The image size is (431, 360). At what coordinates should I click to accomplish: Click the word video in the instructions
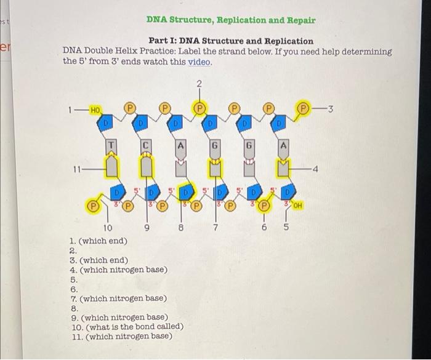pyautogui.click(x=201, y=62)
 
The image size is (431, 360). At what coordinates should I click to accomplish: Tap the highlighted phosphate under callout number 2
pyautogui.click(x=199, y=106)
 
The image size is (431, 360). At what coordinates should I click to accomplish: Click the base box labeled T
pyautogui.click(x=111, y=146)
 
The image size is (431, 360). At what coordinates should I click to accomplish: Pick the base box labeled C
pyautogui.click(x=146, y=146)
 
